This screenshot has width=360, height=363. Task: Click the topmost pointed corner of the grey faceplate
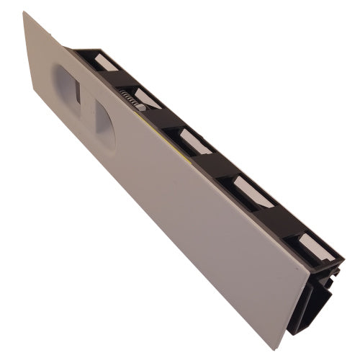(24, 12)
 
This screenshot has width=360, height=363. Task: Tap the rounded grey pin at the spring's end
(141, 107)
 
